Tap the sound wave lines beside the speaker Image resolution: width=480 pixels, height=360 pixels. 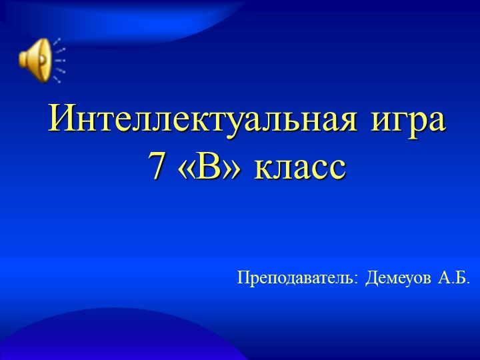pyautogui.click(x=59, y=59)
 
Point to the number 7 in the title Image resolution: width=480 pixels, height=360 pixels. pyautogui.click(x=157, y=167)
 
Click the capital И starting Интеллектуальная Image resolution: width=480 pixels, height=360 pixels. pyautogui.click(x=61, y=121)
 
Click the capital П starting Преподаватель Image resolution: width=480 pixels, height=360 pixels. pyautogui.click(x=244, y=277)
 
